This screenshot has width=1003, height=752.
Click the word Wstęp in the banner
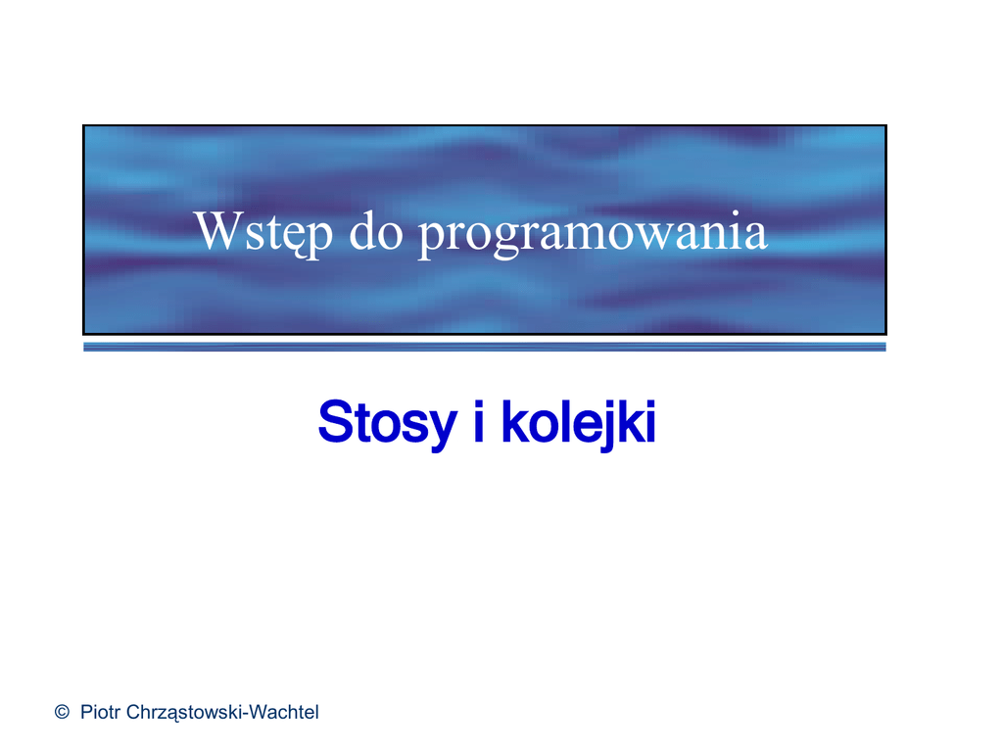click(263, 233)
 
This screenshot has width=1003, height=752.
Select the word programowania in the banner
click(593, 233)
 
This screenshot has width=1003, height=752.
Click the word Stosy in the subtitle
click(387, 424)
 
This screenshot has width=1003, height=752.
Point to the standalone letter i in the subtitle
click(478, 421)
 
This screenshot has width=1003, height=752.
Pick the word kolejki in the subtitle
click(579, 424)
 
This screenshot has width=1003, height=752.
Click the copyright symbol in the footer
click(62, 712)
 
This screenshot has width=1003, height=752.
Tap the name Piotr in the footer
click(100, 712)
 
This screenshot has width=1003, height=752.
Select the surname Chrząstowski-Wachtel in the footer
click(222, 713)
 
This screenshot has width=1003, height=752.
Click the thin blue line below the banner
click(484, 347)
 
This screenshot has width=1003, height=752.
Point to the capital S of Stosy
click(335, 421)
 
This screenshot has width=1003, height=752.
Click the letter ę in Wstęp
click(289, 239)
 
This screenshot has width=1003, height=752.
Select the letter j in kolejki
click(605, 426)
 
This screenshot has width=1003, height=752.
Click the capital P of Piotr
click(86, 712)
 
